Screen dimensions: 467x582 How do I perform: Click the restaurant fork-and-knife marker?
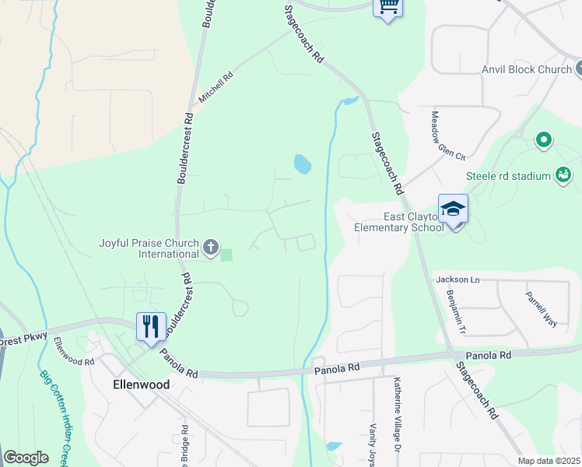tap(151, 326)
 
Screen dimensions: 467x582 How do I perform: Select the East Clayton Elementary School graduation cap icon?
tap(453, 209)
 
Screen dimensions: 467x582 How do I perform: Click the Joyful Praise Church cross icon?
tap(210, 248)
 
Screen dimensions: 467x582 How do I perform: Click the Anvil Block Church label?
tap(527, 70)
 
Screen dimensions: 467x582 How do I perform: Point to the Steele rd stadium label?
tap(508, 177)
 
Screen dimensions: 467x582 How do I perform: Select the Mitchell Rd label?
tap(216, 89)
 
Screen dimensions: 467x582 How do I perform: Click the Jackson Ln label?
tap(458, 279)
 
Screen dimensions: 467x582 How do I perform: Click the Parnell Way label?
tap(542, 308)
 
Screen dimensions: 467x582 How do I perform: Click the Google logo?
tap(26, 458)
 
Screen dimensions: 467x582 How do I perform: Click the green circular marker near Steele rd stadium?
tap(544, 141)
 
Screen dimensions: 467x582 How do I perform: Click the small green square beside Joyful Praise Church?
tap(226, 255)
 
